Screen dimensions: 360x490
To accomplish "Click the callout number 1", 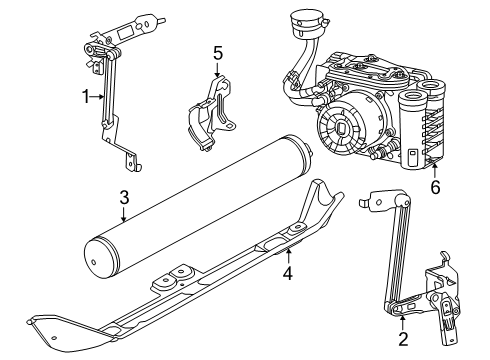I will (86, 96).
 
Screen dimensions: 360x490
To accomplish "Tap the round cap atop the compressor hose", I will (299, 22).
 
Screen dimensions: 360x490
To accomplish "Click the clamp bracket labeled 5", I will (213, 110).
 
